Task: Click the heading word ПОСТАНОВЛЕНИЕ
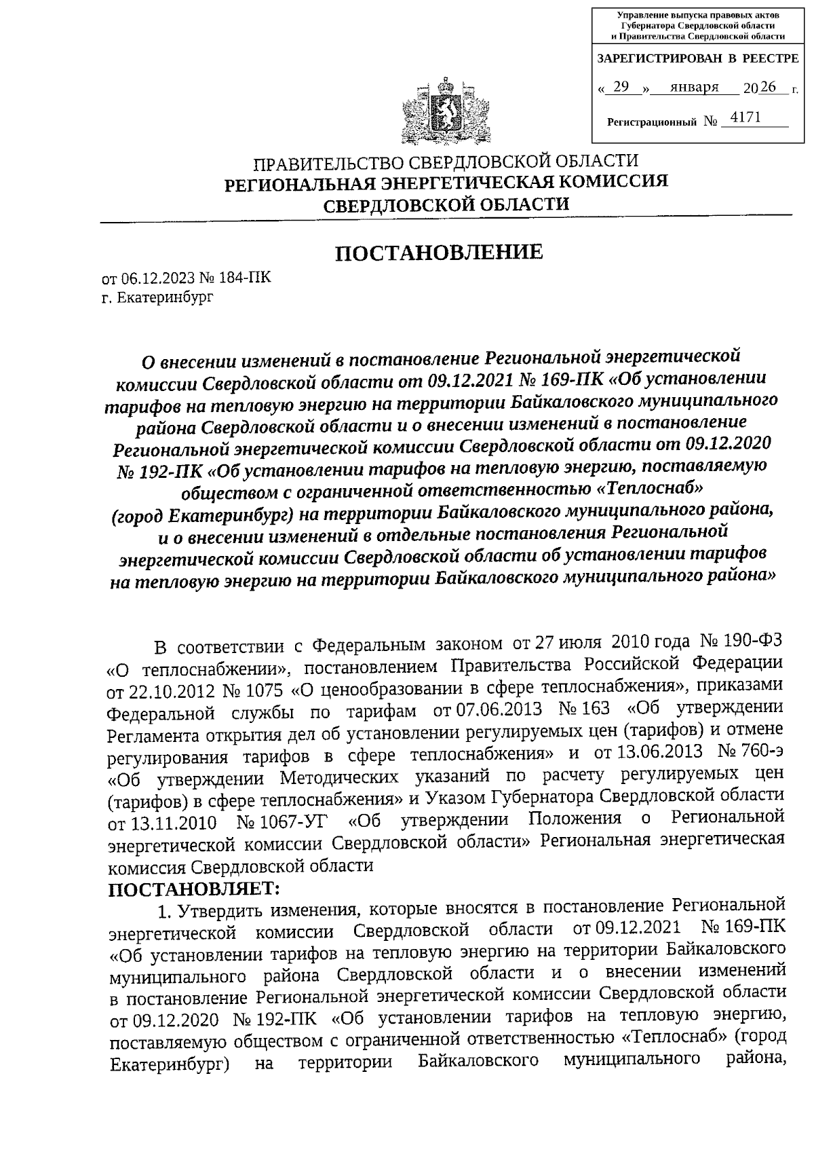440,253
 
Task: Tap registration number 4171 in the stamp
741,118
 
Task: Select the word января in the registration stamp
693,87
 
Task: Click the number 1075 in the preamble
268,691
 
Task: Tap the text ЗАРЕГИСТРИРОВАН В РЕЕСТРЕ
697,59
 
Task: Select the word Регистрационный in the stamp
651,122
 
